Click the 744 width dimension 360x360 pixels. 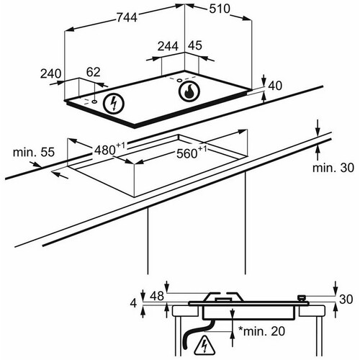pyautogui.click(x=127, y=17)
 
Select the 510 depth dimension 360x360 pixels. pyautogui.click(x=220, y=9)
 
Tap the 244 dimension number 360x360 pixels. pyautogui.click(x=168, y=46)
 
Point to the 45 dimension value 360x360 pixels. pyautogui.click(x=195, y=45)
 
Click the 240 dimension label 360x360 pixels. pyautogui.click(x=50, y=73)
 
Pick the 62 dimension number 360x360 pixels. pyautogui.click(x=93, y=72)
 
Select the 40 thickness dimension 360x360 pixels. pyautogui.click(x=275, y=86)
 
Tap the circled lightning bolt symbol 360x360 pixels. pyautogui.click(x=114, y=104)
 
